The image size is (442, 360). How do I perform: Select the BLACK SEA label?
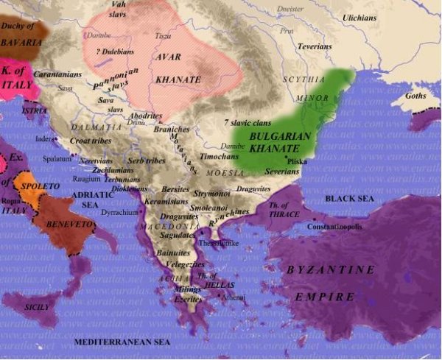click(x=349, y=199)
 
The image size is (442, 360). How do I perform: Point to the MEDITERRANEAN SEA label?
click(x=122, y=343)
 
